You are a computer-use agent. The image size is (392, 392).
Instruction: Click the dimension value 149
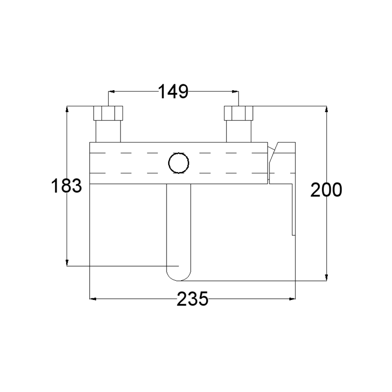(173, 92)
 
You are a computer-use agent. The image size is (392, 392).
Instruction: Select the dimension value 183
(66, 186)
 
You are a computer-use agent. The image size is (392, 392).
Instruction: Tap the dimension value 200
(326, 190)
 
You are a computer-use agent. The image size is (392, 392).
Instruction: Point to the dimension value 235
(192, 298)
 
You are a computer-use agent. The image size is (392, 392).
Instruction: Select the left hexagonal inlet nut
(108, 113)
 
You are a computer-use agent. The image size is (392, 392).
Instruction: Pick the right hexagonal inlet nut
(239, 113)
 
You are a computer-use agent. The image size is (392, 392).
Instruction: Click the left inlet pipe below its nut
(108, 131)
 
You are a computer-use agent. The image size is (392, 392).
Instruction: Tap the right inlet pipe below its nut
(239, 131)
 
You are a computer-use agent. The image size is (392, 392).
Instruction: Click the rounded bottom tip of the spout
(178, 280)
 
